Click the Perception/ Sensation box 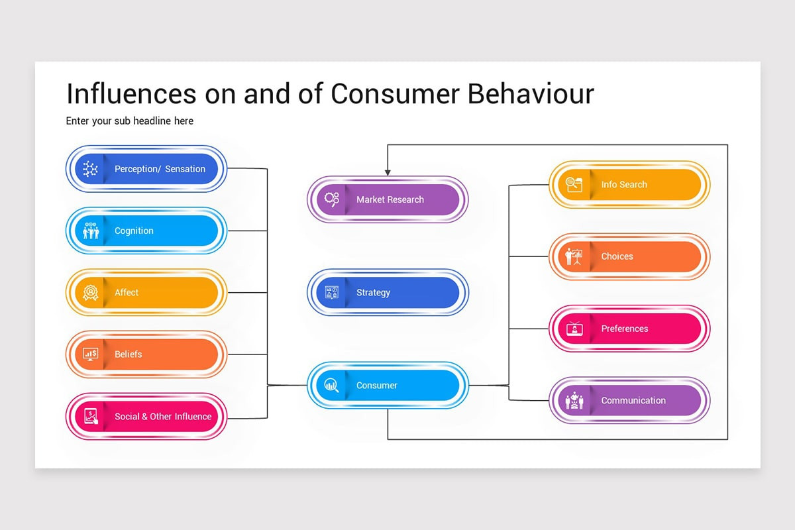click(146, 169)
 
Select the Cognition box click(146, 231)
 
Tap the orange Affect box click(146, 292)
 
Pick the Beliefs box click(146, 354)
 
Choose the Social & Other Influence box click(146, 416)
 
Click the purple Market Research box click(388, 199)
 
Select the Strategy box click(388, 292)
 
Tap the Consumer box click(388, 385)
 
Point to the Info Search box click(629, 184)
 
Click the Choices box click(629, 256)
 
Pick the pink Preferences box click(629, 329)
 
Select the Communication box click(629, 400)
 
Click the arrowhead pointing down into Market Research click(388, 172)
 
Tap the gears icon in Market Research click(332, 199)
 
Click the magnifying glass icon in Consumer click(332, 385)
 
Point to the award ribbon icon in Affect click(90, 293)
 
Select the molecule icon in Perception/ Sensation click(90, 169)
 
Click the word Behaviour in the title click(531, 94)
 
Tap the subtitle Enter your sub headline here click(130, 121)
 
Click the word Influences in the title click(131, 94)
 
